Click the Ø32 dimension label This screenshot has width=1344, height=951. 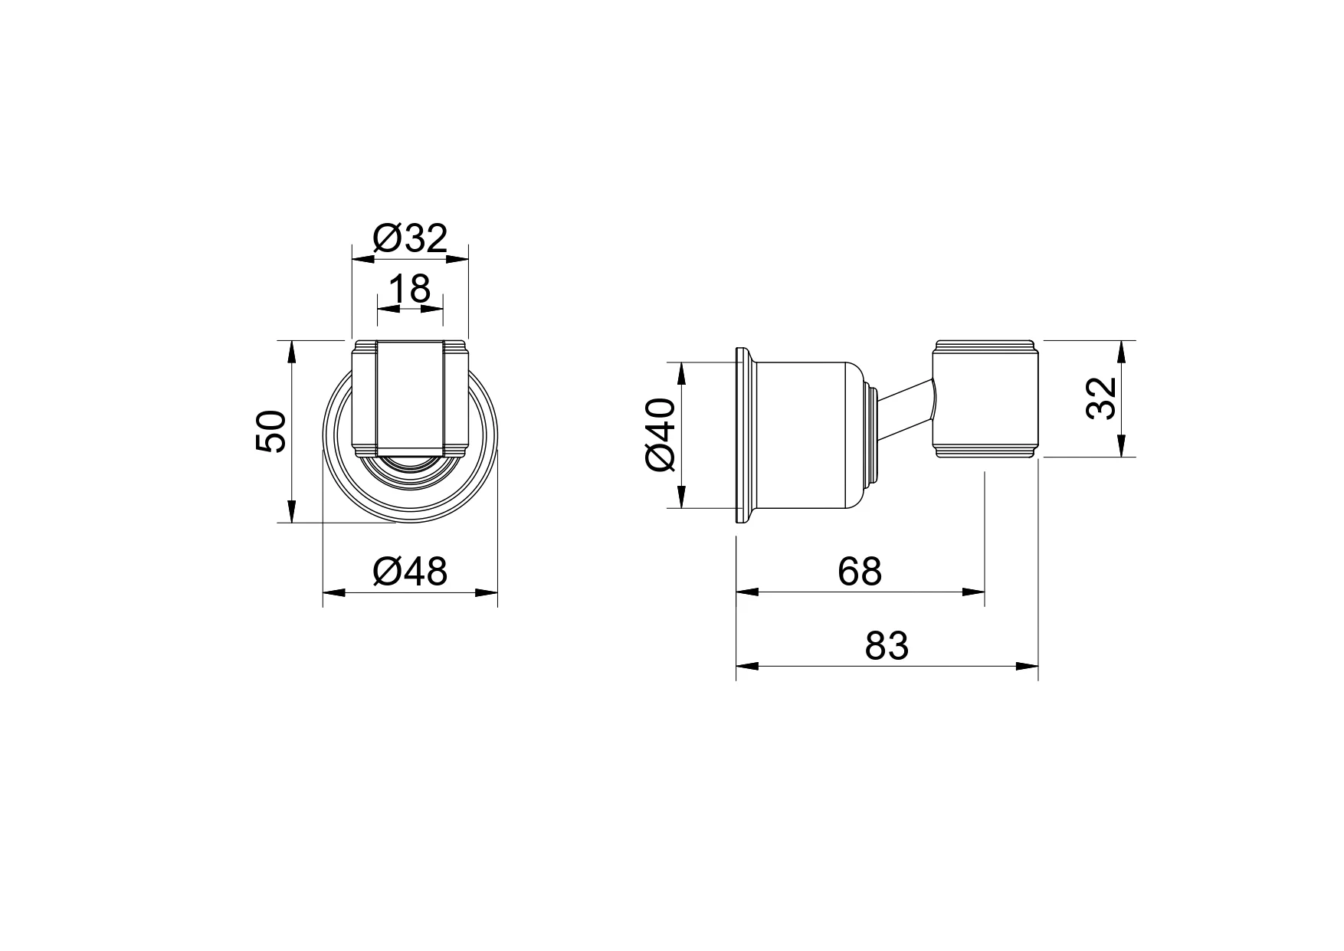409,239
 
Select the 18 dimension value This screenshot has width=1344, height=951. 410,289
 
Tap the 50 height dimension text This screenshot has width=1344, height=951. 270,431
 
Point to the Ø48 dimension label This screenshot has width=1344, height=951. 409,572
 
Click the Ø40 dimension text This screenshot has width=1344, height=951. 661,435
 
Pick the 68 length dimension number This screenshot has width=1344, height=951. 860,572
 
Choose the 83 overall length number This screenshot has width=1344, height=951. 887,646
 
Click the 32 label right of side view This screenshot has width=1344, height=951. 1101,398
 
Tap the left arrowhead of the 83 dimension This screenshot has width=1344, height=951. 747,666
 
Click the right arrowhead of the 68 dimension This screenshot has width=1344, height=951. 973,592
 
